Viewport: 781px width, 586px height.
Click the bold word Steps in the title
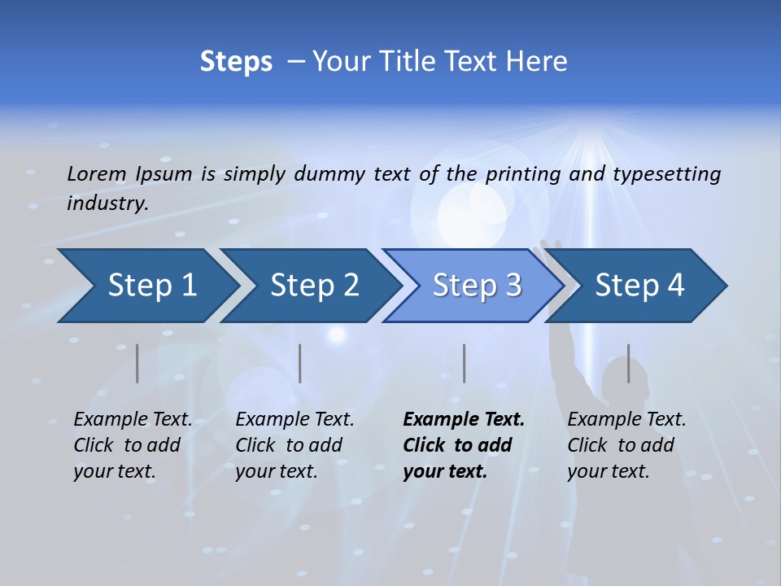coord(236,61)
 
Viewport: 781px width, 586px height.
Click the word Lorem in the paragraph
coord(97,173)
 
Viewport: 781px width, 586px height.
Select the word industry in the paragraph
coord(107,203)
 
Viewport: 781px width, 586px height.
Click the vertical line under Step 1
coord(137,363)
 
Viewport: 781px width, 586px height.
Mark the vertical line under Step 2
coord(300,363)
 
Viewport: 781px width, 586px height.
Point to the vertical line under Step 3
coord(464,363)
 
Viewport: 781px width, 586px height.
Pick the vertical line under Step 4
coord(628,363)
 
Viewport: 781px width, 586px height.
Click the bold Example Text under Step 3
coord(464,420)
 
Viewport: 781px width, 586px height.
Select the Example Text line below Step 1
coord(133,420)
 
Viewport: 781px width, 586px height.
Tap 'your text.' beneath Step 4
coord(608,471)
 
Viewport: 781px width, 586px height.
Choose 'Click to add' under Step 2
coord(289,445)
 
